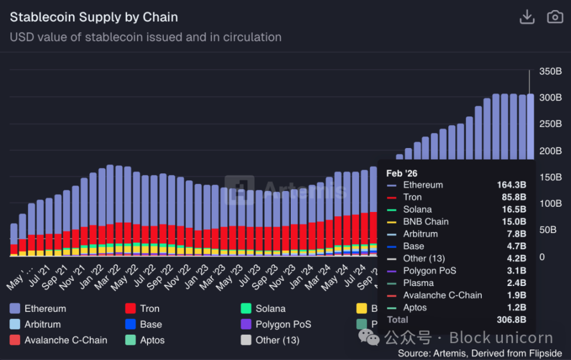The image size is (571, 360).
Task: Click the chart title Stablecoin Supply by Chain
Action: [x=93, y=18]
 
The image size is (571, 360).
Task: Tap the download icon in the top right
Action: [x=527, y=18]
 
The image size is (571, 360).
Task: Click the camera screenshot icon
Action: [x=555, y=17]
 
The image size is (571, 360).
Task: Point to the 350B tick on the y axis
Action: [x=550, y=71]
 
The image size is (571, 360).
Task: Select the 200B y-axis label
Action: [x=550, y=150]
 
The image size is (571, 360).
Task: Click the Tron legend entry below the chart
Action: [x=149, y=308]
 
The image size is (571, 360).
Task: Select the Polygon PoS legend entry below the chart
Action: [x=283, y=324]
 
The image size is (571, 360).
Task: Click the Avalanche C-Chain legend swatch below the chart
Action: [x=15, y=340]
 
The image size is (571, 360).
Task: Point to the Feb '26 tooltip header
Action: [x=402, y=173]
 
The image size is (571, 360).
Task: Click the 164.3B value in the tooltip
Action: [x=511, y=185]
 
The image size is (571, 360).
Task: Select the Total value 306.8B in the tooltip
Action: [x=510, y=320]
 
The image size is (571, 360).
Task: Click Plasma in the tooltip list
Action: [x=418, y=283]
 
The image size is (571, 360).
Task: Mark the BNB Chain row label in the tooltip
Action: [x=425, y=222]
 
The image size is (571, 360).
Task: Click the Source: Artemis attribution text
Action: [x=480, y=353]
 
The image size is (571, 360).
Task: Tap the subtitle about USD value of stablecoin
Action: [x=146, y=37]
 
